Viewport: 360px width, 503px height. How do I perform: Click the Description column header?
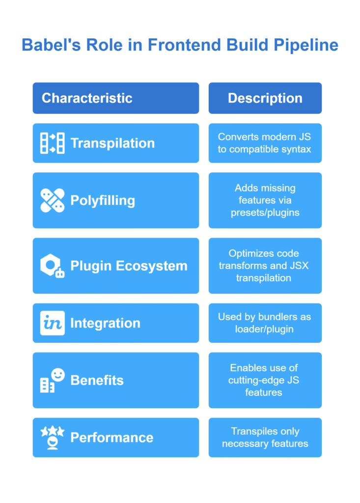click(265, 98)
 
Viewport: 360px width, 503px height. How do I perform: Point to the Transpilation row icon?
click(52, 143)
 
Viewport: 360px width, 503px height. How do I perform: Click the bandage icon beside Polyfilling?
click(52, 200)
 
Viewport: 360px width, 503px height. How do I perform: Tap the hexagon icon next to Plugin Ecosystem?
click(52, 266)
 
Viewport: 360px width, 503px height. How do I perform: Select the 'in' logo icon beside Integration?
click(52, 323)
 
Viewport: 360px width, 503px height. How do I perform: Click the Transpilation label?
click(112, 143)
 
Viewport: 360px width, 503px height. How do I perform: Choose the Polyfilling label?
click(103, 201)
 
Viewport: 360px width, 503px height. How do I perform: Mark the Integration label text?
click(105, 323)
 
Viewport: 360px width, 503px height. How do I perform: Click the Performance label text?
click(112, 438)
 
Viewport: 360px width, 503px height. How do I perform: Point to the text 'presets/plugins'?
click(265, 213)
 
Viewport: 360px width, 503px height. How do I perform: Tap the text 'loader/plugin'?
click(264, 329)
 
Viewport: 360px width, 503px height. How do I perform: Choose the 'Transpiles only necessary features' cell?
click(265, 438)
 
